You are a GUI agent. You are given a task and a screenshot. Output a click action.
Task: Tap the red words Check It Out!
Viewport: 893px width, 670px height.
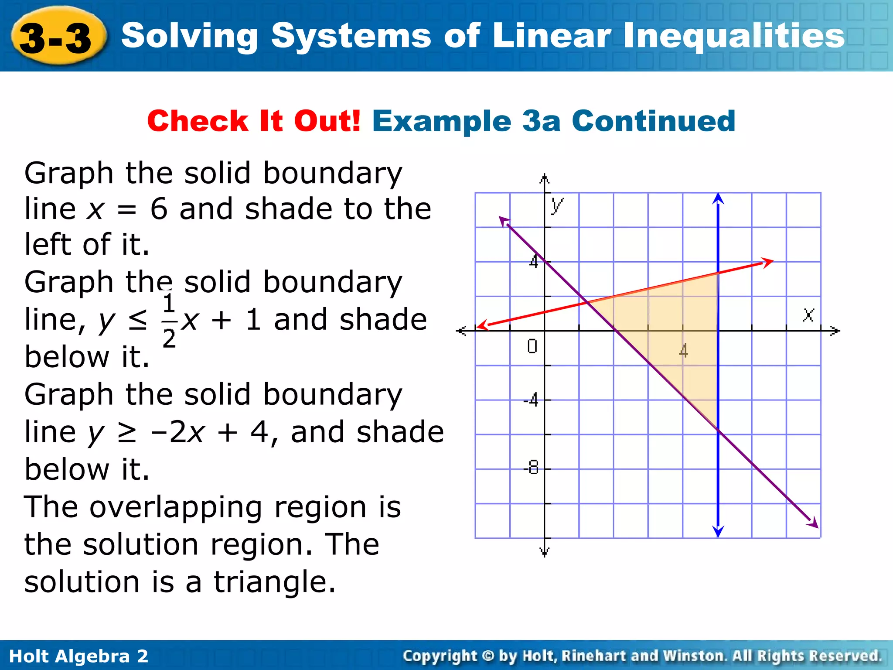254,121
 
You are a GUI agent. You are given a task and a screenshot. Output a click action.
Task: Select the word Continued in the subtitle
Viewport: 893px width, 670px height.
654,121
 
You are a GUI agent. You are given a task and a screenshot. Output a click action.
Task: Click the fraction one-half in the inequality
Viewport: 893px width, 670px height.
169,321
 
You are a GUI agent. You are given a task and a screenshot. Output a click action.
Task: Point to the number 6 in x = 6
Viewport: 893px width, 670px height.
159,209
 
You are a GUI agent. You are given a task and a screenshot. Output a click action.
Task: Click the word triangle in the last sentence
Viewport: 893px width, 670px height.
275,582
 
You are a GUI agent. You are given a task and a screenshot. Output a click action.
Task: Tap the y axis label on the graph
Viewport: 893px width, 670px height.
556,205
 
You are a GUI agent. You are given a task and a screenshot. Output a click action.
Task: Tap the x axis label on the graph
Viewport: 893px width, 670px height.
808,314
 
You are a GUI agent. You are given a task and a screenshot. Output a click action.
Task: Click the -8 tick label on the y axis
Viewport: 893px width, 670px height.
532,468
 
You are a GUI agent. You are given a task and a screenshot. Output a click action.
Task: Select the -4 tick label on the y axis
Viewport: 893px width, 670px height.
531,400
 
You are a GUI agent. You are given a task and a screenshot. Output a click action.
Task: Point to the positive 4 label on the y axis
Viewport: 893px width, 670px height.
534,262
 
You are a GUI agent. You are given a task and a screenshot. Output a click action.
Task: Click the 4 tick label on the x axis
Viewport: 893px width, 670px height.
683,350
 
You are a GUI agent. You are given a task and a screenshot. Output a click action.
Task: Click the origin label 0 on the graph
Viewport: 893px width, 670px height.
532,346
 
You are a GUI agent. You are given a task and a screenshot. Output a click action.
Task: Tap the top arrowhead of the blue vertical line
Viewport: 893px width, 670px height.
718,198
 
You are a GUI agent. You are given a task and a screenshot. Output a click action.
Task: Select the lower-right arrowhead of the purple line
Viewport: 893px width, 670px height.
813,523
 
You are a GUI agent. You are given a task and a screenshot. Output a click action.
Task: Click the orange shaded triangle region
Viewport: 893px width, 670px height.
680,332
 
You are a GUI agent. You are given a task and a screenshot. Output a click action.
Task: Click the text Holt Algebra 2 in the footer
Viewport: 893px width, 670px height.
78,656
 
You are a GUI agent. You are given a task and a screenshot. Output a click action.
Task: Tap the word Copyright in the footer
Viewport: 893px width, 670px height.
440,656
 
